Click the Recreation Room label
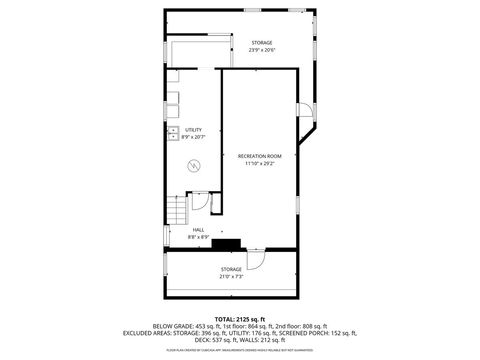pos(259,156)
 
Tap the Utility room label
pos(193,130)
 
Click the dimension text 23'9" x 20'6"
pos(262,50)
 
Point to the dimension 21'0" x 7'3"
pos(232,277)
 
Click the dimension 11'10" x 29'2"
pos(259,164)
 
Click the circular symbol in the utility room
pos(193,164)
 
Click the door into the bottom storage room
pos(255,259)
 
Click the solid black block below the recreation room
pos(228,242)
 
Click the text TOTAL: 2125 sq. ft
pos(239,317)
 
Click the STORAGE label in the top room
pos(262,42)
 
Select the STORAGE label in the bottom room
pos(232,269)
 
